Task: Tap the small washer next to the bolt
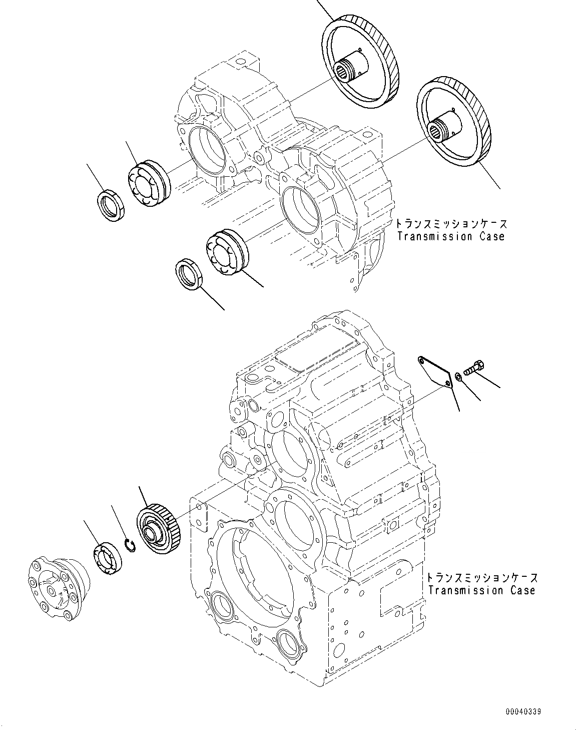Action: point(459,375)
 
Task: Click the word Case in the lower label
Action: point(522,590)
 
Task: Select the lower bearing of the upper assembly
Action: point(225,253)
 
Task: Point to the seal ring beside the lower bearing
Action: point(189,274)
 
